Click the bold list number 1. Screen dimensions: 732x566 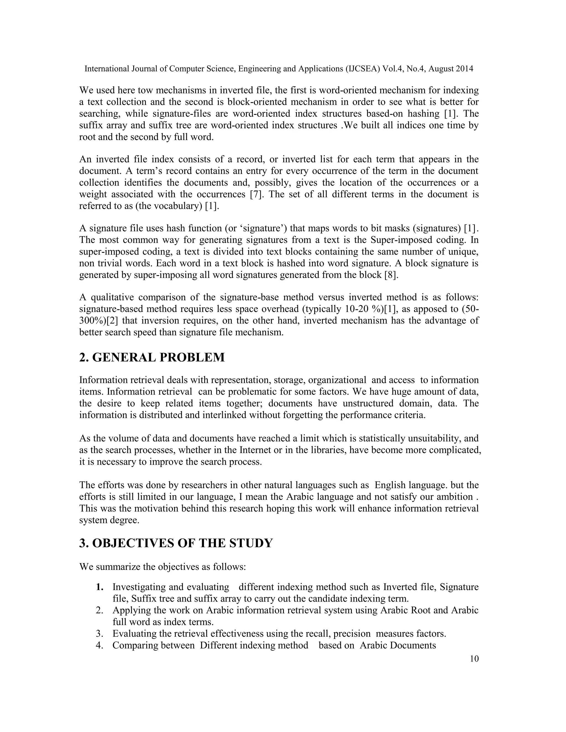point(99,587)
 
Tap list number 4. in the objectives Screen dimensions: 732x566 point(99,646)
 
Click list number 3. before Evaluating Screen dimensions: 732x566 point(99,634)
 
